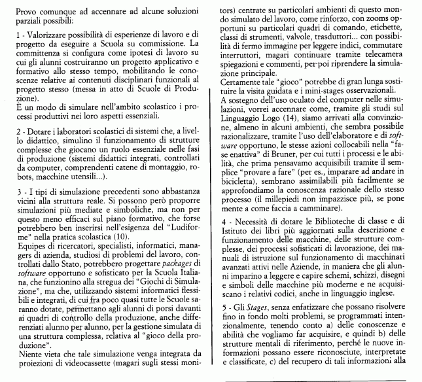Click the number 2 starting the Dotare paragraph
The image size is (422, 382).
(5, 132)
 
